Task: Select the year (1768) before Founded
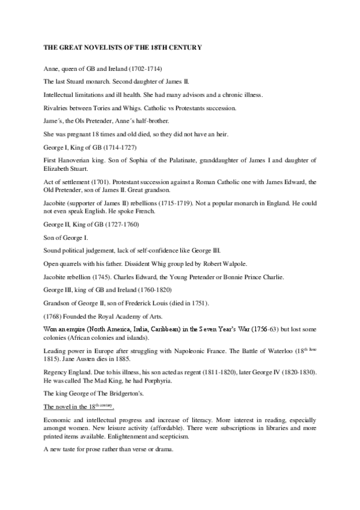coord(55,316)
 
